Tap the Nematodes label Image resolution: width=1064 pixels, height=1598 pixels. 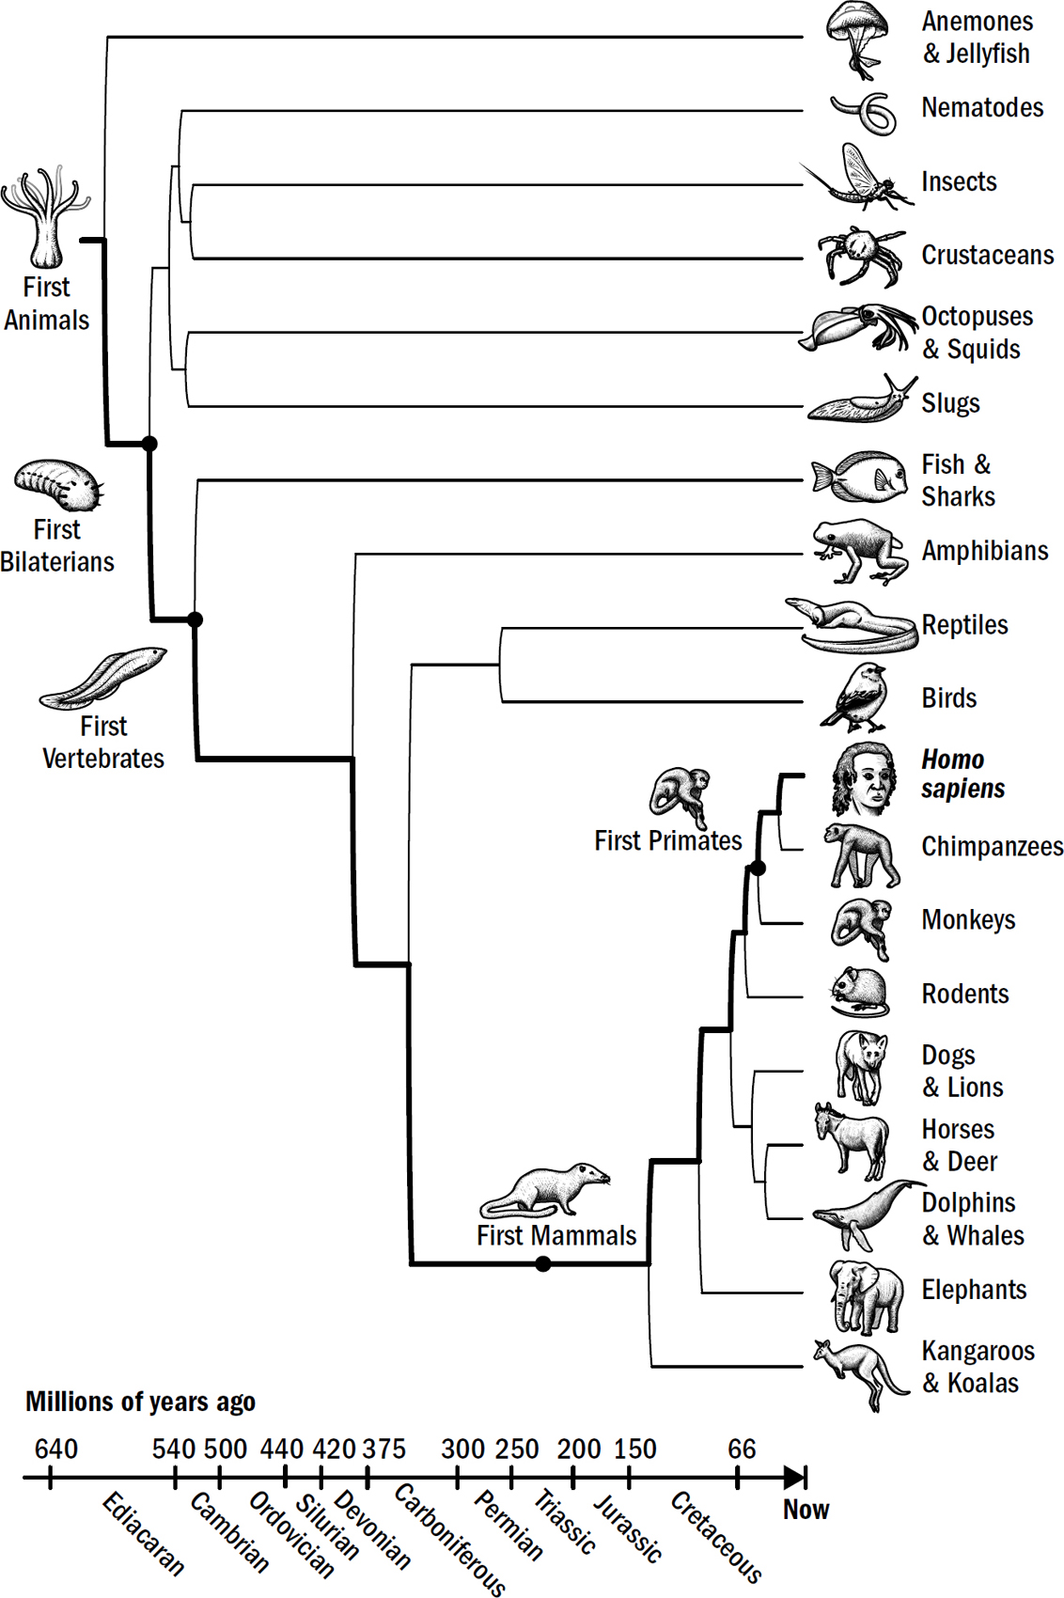[x=982, y=108]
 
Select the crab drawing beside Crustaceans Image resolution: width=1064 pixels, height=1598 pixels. [x=858, y=254]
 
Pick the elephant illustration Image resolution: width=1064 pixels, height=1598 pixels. [x=865, y=1296]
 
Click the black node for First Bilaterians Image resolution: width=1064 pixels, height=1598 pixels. [x=149, y=444]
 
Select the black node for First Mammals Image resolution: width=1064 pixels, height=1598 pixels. [x=542, y=1264]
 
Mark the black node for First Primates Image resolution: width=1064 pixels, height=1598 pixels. [x=758, y=869]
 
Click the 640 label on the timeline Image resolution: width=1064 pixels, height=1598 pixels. [x=56, y=1449]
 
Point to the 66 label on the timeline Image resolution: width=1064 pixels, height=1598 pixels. [x=742, y=1449]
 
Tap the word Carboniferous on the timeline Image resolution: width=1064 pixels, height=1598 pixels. [x=450, y=1539]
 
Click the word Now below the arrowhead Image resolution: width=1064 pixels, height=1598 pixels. [x=806, y=1510]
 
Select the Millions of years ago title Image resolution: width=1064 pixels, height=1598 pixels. [x=140, y=1402]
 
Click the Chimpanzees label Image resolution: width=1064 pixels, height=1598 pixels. [x=992, y=847]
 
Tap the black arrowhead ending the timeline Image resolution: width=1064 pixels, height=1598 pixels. [x=795, y=1477]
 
